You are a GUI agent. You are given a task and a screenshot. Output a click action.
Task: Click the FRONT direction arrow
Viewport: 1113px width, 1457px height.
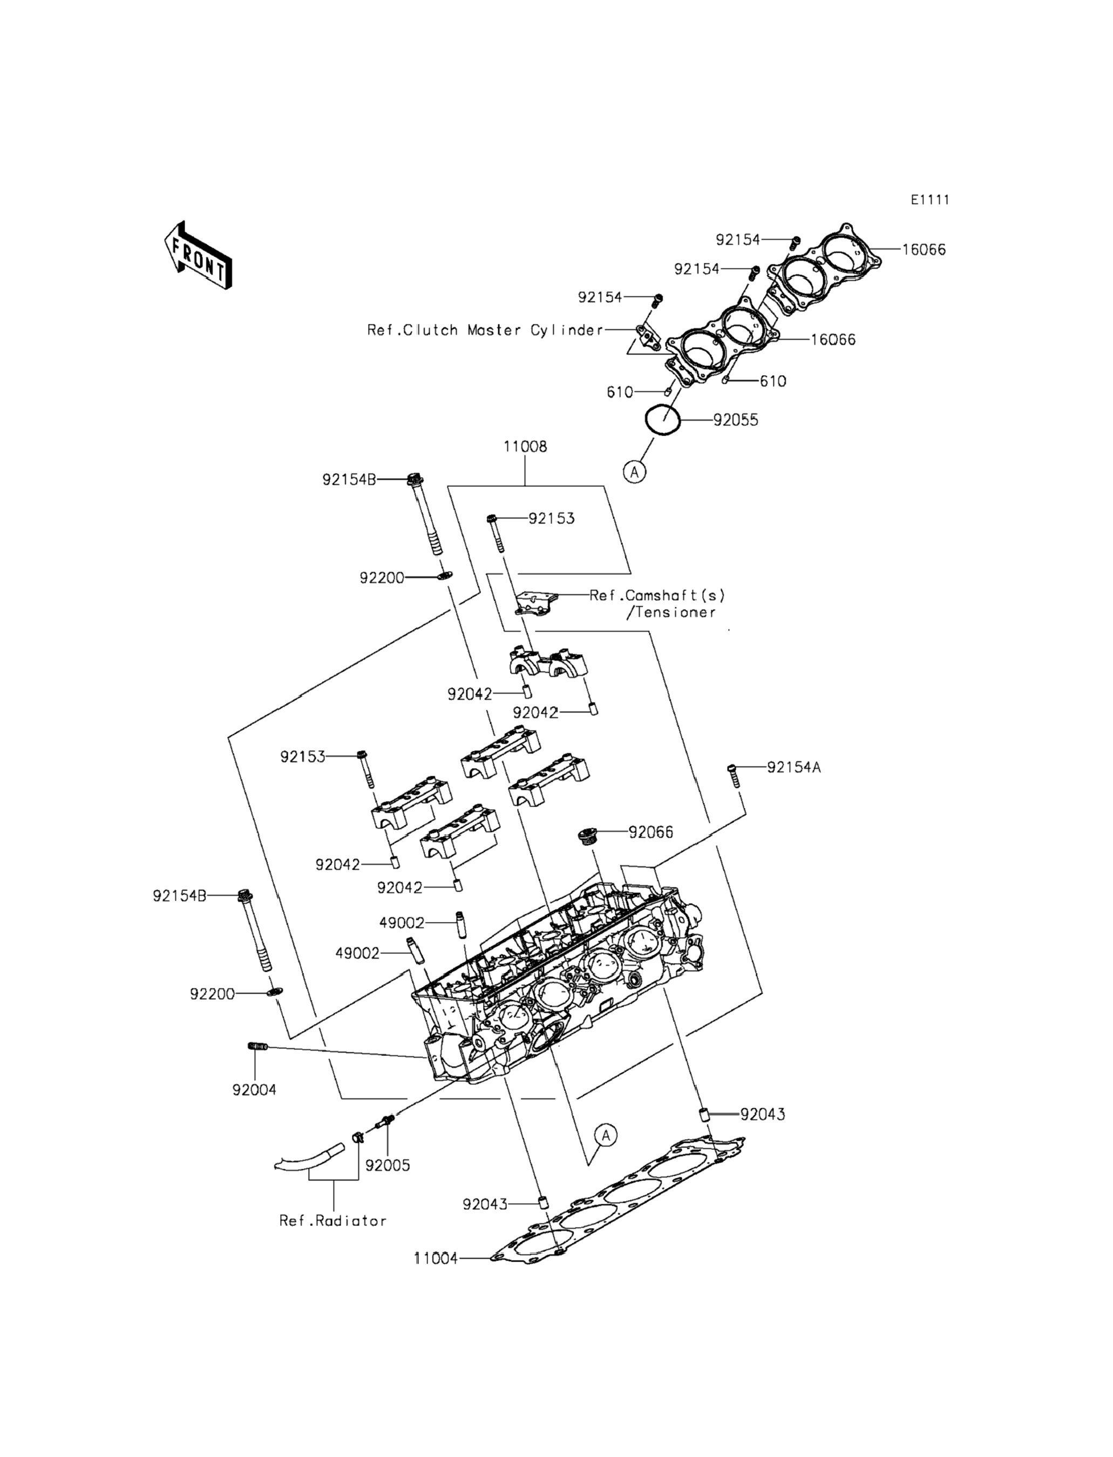198,256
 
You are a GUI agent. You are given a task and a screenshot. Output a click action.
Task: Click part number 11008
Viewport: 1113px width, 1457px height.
525,446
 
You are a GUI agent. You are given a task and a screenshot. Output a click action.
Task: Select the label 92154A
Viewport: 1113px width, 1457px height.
793,767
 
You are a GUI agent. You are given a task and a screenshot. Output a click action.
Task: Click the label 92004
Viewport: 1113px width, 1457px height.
254,1090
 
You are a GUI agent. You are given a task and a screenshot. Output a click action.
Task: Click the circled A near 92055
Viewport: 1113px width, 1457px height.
635,472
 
